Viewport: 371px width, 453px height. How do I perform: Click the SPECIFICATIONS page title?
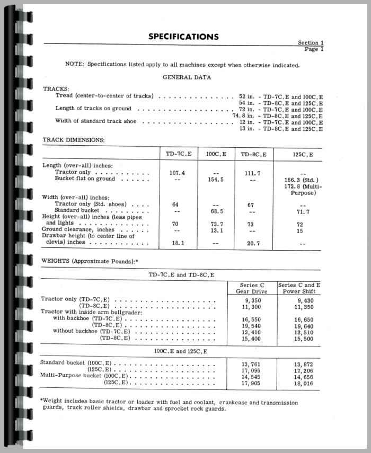[183, 37]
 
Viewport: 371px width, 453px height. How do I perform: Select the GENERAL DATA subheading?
[187, 77]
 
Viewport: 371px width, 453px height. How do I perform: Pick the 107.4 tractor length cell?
[175, 173]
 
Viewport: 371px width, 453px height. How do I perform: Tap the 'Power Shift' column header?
[298, 291]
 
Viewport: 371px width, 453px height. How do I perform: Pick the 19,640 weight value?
[298, 325]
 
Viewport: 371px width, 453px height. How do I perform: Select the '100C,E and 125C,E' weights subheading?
[181, 351]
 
